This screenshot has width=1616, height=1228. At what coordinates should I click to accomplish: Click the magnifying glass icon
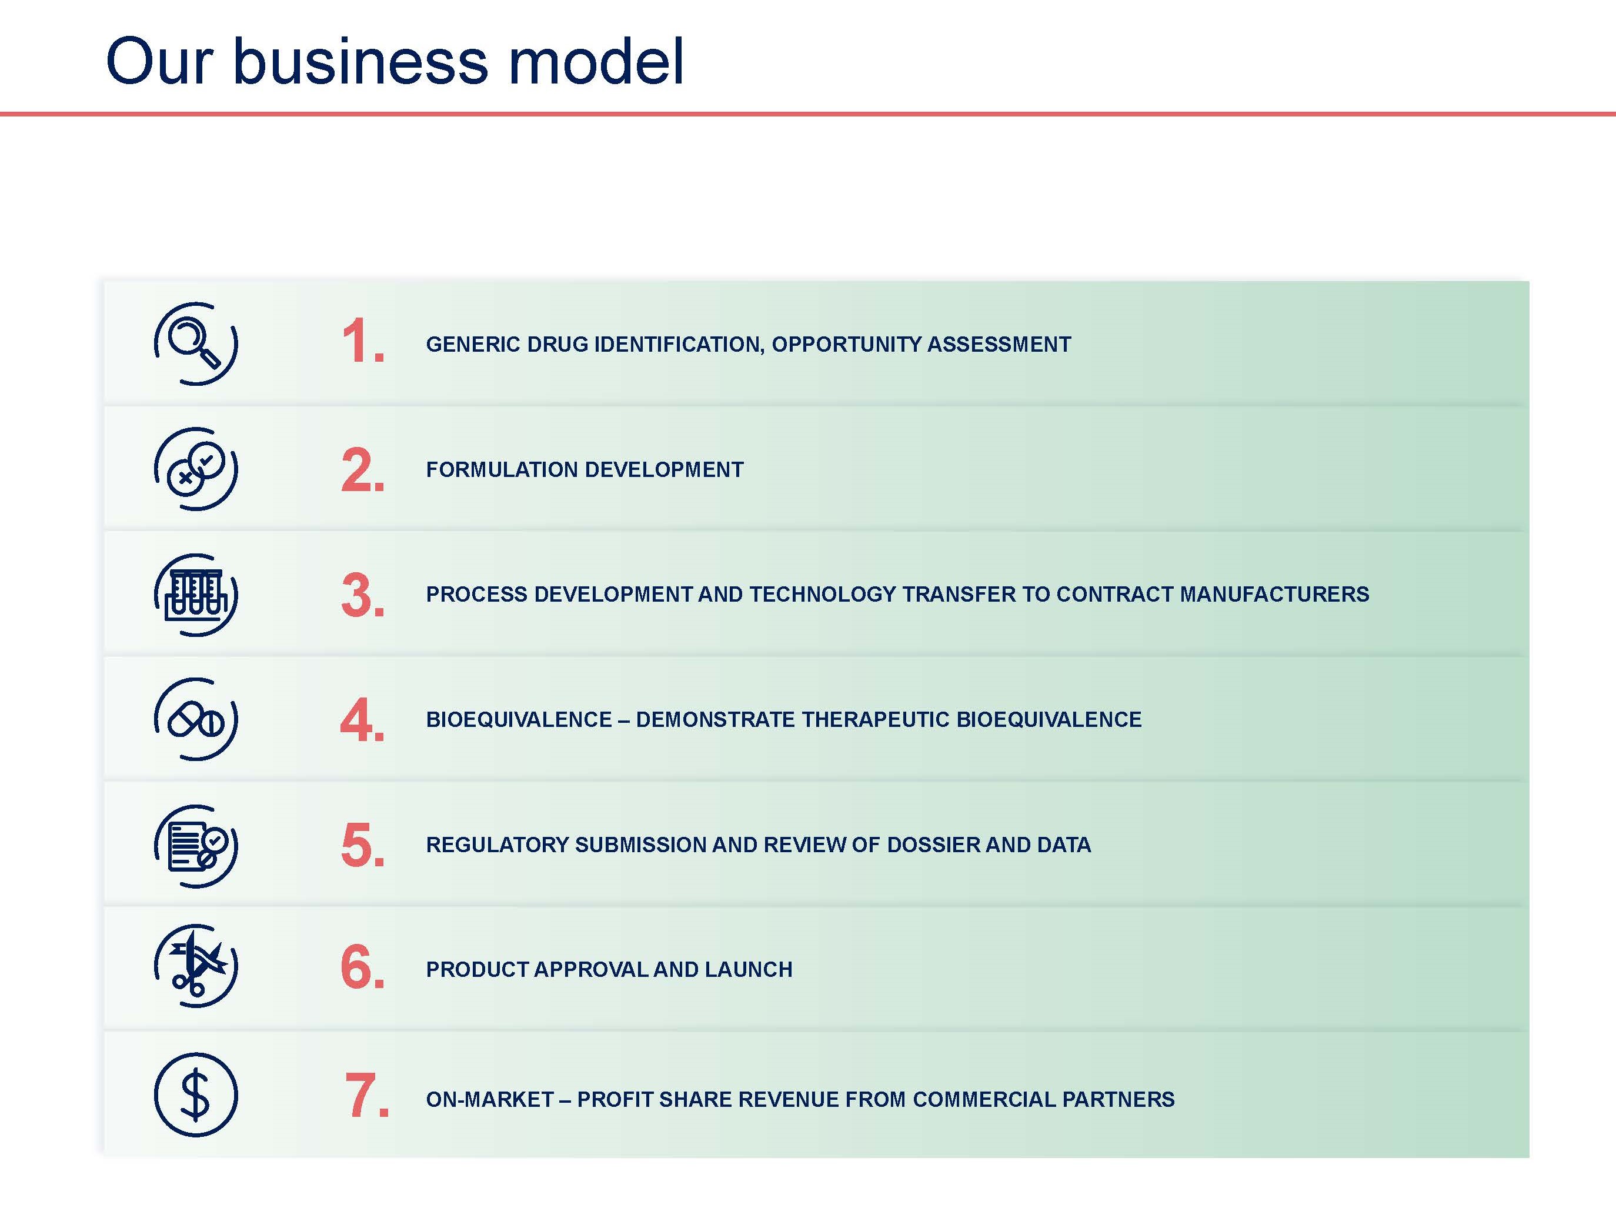click(196, 343)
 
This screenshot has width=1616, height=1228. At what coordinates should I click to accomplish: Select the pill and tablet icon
click(196, 719)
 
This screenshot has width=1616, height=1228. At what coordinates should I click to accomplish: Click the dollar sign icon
click(196, 1095)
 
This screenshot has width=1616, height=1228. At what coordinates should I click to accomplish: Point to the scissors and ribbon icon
click(196, 966)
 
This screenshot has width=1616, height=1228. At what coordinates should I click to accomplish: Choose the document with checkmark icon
click(196, 846)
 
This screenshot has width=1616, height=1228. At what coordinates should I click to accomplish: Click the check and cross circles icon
click(196, 469)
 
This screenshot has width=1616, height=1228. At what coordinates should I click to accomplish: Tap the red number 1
click(362, 341)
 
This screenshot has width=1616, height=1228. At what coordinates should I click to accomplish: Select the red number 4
click(362, 720)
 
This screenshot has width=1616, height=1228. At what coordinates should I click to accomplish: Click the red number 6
click(362, 966)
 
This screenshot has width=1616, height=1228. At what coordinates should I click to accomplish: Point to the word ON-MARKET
click(490, 1099)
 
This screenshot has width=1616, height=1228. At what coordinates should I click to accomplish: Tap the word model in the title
click(596, 61)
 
